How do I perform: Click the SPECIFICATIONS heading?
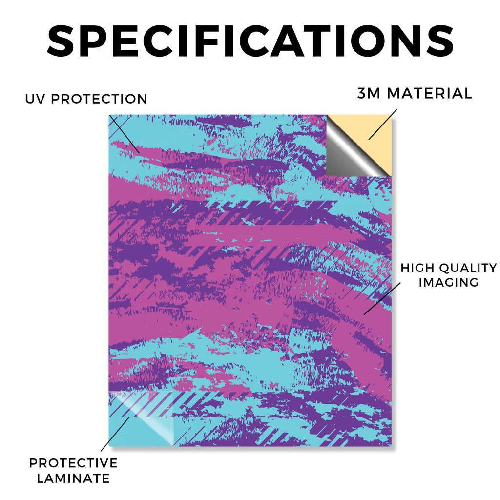[250, 41]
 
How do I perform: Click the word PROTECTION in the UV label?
[99, 99]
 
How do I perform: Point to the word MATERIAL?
[429, 93]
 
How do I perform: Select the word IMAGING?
[449, 282]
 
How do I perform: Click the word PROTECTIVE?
[73, 463]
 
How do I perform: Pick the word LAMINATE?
[73, 479]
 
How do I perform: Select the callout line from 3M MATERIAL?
[383, 125]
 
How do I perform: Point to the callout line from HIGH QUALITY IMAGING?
[382, 298]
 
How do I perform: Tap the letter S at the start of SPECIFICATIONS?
[61, 41]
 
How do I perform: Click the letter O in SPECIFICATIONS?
[373, 41]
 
